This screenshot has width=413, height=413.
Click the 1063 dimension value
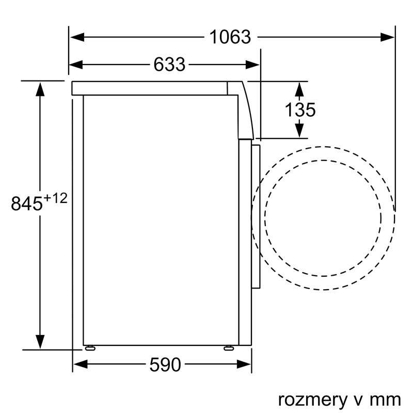[230, 37]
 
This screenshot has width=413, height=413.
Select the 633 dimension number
[169, 65]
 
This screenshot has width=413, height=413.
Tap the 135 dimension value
[299, 110]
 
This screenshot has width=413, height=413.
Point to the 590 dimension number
[165, 366]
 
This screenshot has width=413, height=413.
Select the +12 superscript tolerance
[55, 198]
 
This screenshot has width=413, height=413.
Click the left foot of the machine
[90, 347]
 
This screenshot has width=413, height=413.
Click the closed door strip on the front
[257, 217]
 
